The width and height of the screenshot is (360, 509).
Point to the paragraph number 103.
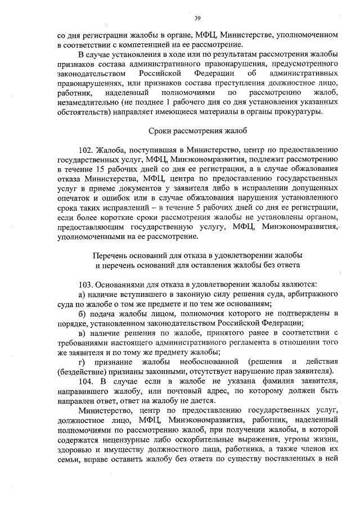tap(87, 283)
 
